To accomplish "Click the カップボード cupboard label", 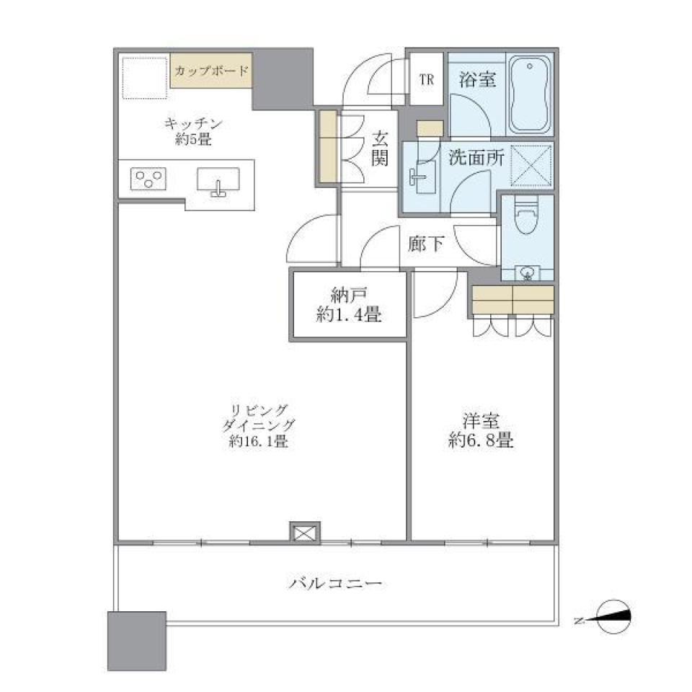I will click(x=212, y=71).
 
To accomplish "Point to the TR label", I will click(x=427, y=80).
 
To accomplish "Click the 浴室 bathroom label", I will click(x=477, y=79).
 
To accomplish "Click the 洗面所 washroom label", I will click(x=476, y=159).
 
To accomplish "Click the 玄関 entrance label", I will click(x=381, y=148).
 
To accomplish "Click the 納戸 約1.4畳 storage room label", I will click(x=349, y=304).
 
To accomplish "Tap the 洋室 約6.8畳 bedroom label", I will click(x=481, y=430).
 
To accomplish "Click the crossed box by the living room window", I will click(x=303, y=532).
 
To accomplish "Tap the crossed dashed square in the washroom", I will click(x=531, y=165).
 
